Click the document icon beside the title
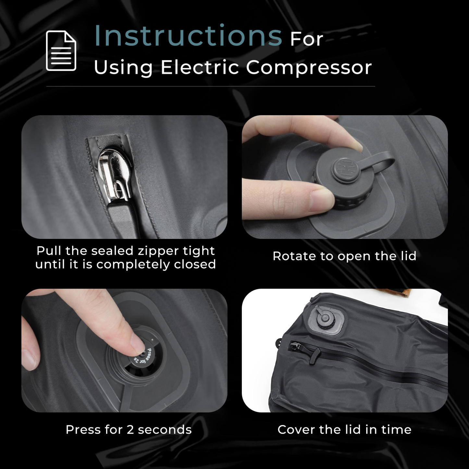tap(61, 51)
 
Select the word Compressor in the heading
tap(309, 68)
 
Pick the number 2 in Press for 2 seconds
tap(130, 430)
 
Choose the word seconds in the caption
tap(165, 430)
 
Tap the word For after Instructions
tap(306, 40)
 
